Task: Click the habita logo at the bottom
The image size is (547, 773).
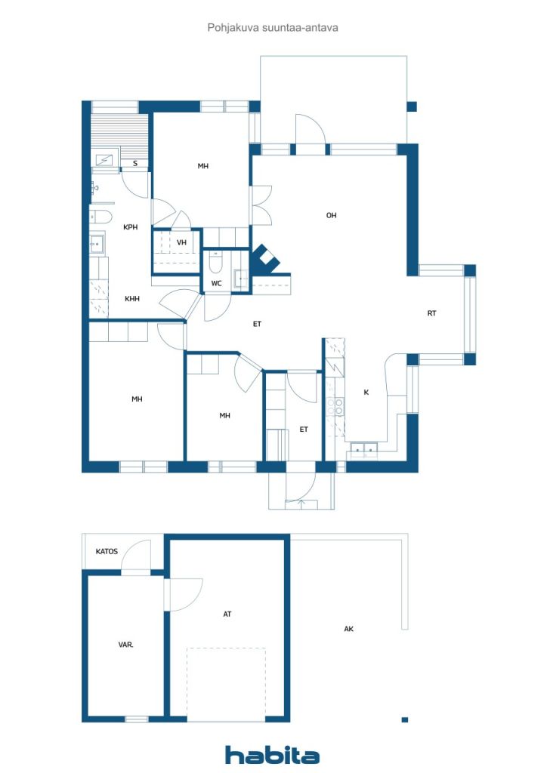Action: [x=272, y=755]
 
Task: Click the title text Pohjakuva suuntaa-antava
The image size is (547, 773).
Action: [x=273, y=28]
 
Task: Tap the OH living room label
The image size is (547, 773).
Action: [x=332, y=215]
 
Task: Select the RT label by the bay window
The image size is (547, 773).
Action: [x=431, y=313]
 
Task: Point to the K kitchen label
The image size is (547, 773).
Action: [x=366, y=393]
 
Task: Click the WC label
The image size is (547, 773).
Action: [x=216, y=284]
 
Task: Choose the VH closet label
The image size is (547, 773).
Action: [x=181, y=242]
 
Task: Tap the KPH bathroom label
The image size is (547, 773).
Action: [x=130, y=227]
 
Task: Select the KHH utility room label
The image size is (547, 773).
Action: [x=132, y=299]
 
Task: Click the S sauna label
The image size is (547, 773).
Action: [x=135, y=163]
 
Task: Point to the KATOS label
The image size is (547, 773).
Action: [x=107, y=551]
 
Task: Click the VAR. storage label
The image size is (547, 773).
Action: [x=125, y=645]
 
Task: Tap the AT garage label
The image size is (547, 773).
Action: [x=227, y=614]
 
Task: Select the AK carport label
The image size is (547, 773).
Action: [x=349, y=629]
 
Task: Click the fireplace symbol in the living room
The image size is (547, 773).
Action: [x=267, y=259]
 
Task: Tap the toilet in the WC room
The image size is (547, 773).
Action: [x=215, y=263]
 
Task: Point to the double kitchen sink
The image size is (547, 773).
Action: [x=363, y=448]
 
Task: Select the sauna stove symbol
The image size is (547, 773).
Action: [x=104, y=160]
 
